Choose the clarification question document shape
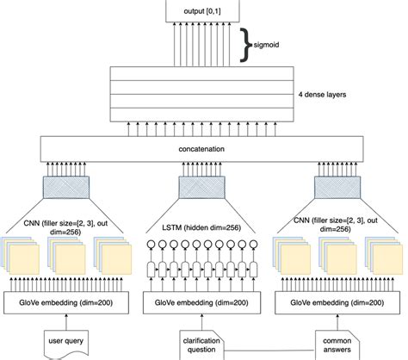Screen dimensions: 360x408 pyautogui.click(x=201, y=342)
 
